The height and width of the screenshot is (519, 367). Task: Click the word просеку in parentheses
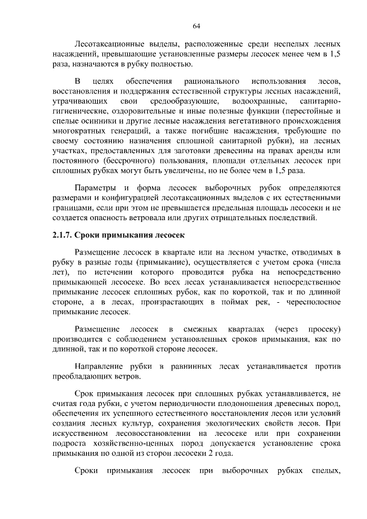[x=325, y=329]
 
